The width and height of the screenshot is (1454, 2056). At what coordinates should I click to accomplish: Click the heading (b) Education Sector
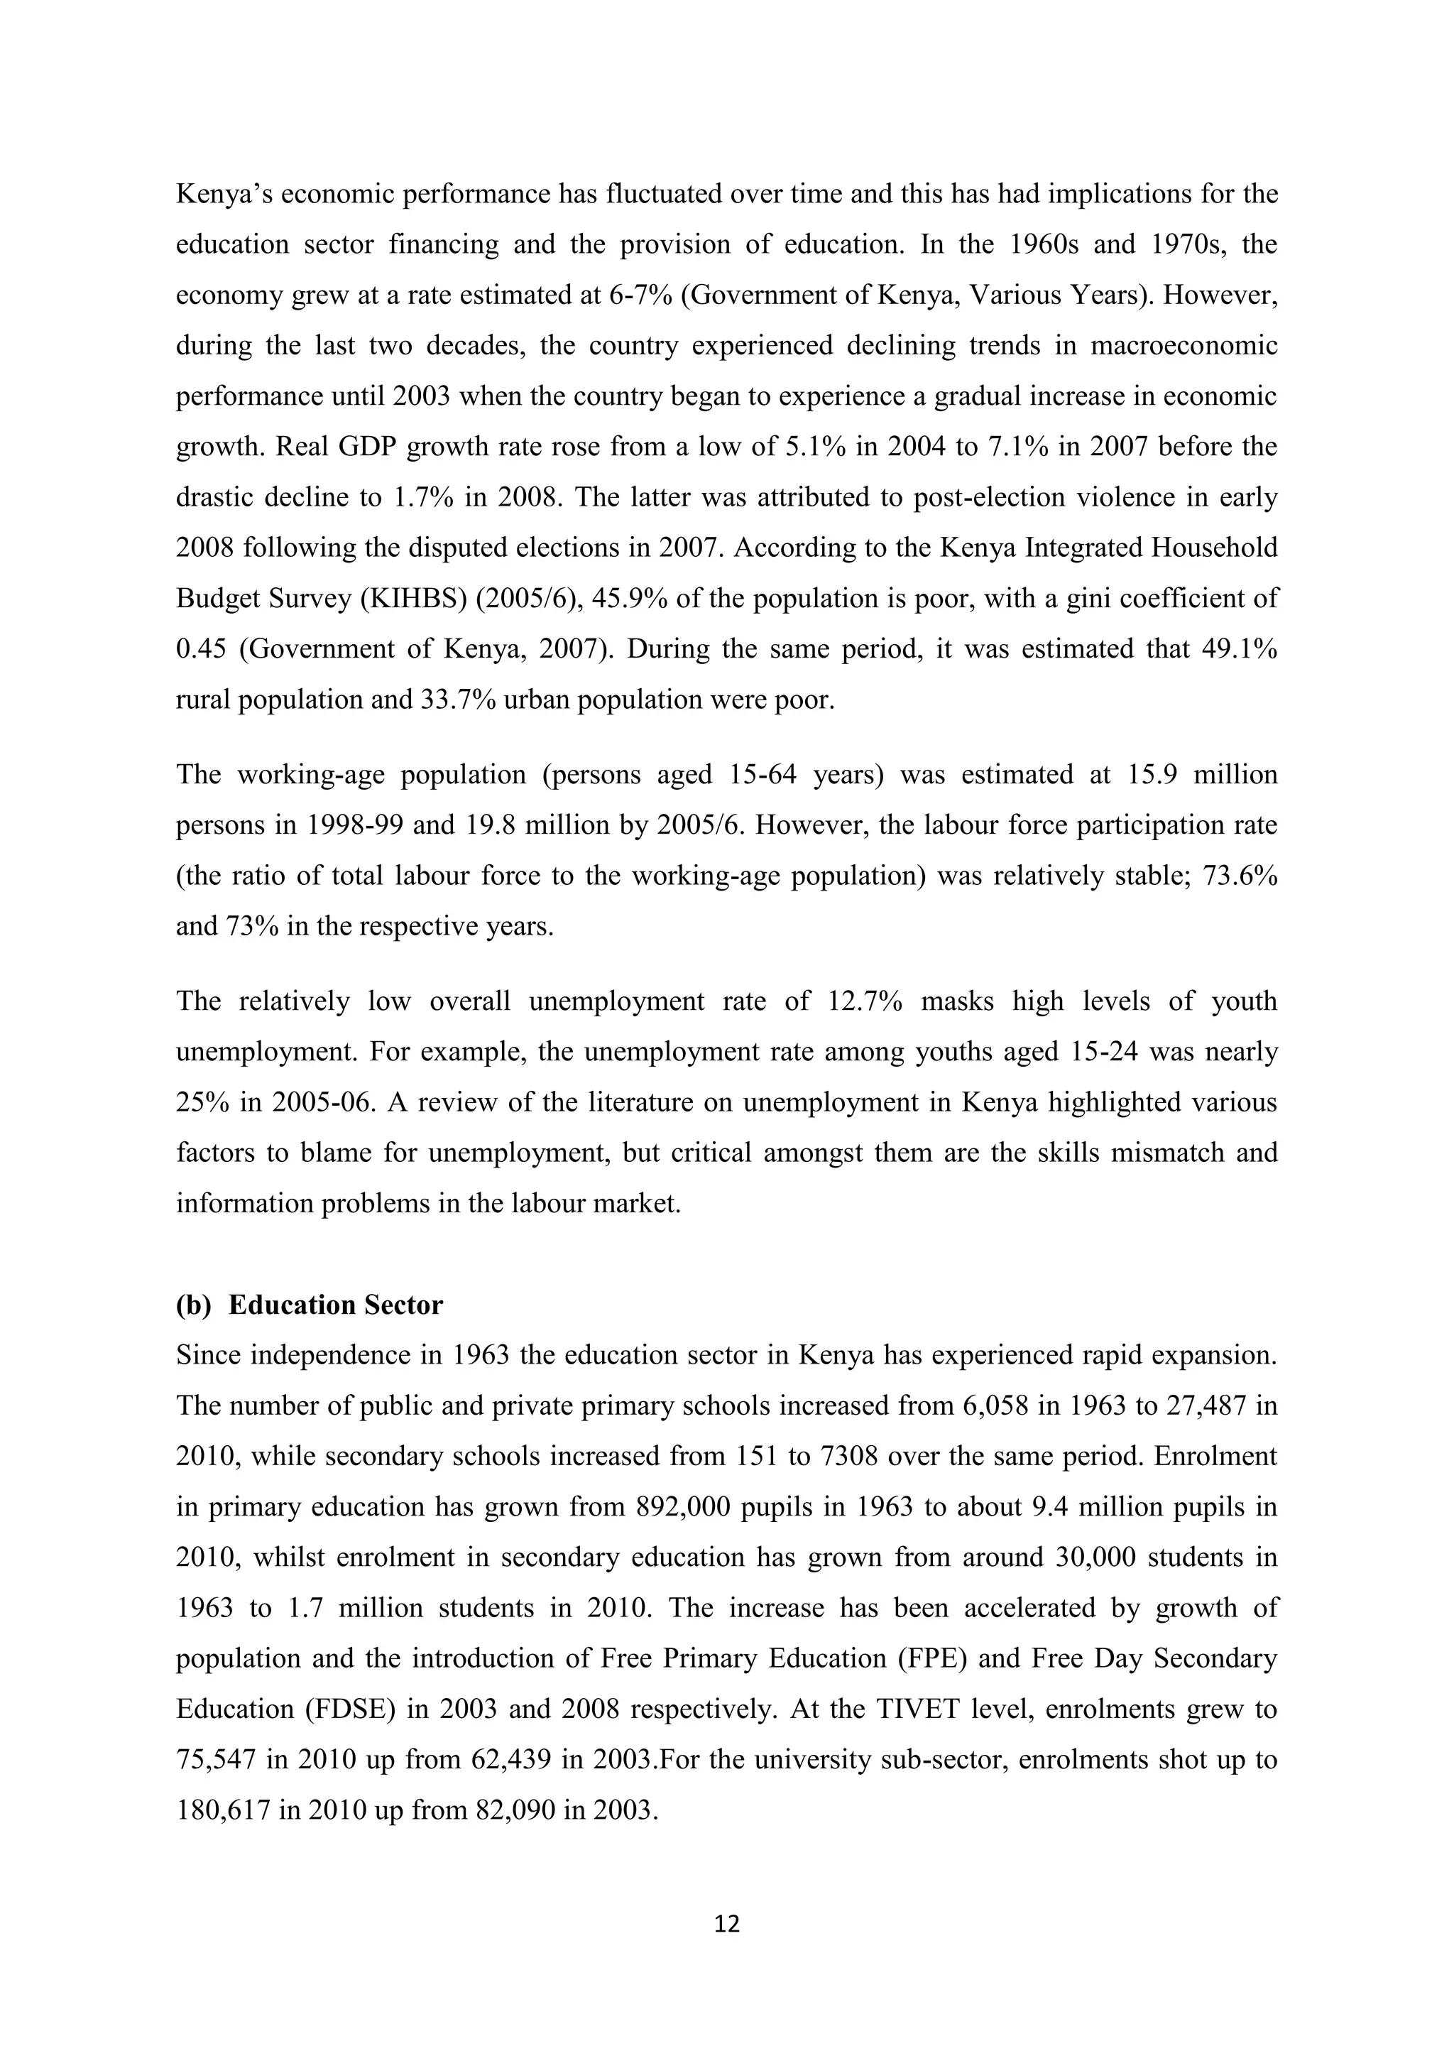(309, 1305)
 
